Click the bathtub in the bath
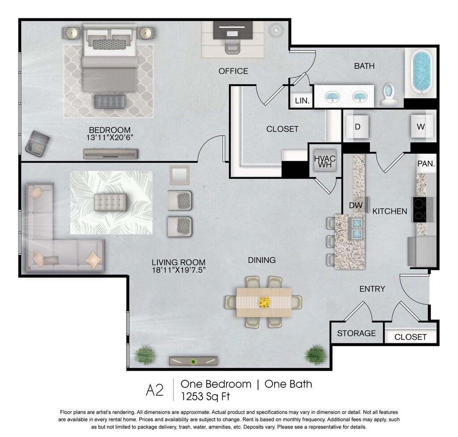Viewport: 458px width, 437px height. pyautogui.click(x=420, y=72)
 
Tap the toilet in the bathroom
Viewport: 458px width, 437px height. pyautogui.click(x=389, y=94)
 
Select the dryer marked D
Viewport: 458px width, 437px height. pyautogui.click(x=357, y=127)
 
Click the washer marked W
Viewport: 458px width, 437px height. pyautogui.click(x=421, y=126)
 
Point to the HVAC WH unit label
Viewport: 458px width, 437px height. pyautogui.click(x=325, y=162)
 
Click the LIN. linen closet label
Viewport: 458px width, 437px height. pyautogui.click(x=302, y=101)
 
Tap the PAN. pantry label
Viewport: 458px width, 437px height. pyautogui.click(x=426, y=164)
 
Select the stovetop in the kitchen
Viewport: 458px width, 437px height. pyautogui.click(x=423, y=210)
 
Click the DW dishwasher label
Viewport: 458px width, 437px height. pyautogui.click(x=356, y=206)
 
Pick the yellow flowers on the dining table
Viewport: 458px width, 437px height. pyautogui.click(x=264, y=302)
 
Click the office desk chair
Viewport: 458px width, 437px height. pyautogui.click(x=233, y=47)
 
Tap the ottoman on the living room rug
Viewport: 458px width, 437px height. pyautogui.click(x=110, y=202)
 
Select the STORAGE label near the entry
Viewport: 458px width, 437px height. pyautogui.click(x=356, y=333)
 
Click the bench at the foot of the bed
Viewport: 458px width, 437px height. pyautogui.click(x=110, y=102)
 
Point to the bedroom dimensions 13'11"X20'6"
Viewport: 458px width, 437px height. pyautogui.click(x=110, y=137)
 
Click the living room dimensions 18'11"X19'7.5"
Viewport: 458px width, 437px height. pyautogui.click(x=179, y=270)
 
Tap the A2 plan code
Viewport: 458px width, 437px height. pyautogui.click(x=154, y=390)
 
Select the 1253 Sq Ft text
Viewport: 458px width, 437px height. pyautogui.click(x=205, y=397)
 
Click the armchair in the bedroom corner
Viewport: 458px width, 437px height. pyautogui.click(x=37, y=144)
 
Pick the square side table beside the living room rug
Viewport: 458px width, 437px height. pyautogui.click(x=180, y=175)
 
